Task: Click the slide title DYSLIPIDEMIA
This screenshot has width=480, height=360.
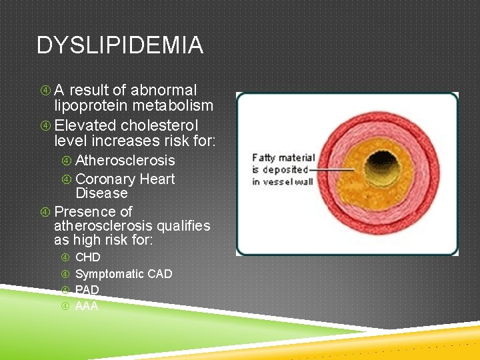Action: point(120,45)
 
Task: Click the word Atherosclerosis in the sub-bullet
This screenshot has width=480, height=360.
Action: point(125,161)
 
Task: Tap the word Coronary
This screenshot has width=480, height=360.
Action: point(105,179)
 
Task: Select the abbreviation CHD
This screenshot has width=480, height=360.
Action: point(88,257)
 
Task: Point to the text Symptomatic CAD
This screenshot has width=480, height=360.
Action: point(123,274)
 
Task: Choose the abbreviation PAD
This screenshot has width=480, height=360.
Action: point(87,290)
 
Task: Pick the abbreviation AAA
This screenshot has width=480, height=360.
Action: point(87,306)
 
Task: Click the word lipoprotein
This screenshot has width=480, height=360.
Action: point(91,105)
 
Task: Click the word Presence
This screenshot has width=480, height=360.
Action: point(83,212)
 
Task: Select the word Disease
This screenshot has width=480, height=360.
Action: point(101,193)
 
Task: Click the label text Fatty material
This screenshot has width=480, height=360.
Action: point(283,158)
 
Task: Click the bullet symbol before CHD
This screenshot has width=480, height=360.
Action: point(65,257)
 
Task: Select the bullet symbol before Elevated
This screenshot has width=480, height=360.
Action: point(45,125)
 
